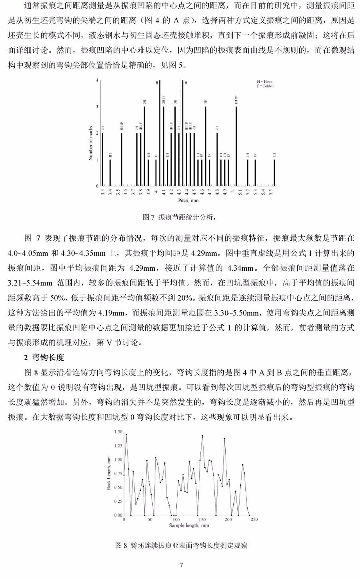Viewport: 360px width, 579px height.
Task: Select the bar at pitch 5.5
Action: pos(274,173)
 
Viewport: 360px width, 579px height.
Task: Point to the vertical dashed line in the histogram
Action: pos(181,132)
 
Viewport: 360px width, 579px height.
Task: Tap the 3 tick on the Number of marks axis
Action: pos(97,107)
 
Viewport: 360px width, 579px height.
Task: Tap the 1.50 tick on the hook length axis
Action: pos(118,432)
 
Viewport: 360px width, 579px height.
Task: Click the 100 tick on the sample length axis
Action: pos(176,519)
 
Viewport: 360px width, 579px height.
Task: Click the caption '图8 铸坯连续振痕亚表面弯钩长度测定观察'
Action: pos(181,545)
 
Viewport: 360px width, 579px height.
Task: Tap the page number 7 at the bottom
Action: pos(181,565)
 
